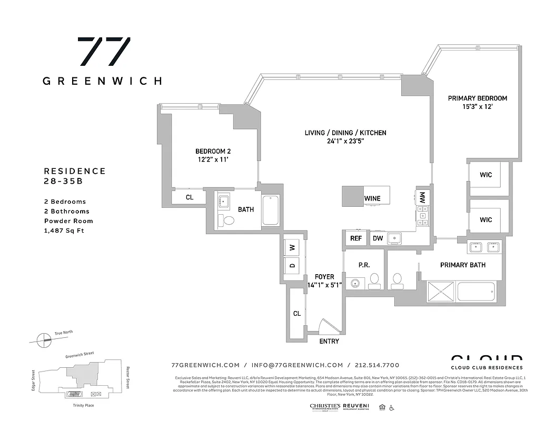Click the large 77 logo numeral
tap(104, 52)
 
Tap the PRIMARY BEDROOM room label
tap(477, 98)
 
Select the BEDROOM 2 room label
tap(213, 152)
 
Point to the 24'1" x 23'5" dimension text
tap(345, 141)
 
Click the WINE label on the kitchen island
tap(372, 198)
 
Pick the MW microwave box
tap(422, 198)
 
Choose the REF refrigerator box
tap(355, 238)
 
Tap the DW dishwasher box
tap(378, 238)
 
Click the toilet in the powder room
tap(374, 281)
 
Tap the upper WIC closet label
tap(485, 175)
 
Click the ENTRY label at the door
tap(329, 342)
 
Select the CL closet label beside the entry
tap(296, 314)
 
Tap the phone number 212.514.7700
tap(376, 365)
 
